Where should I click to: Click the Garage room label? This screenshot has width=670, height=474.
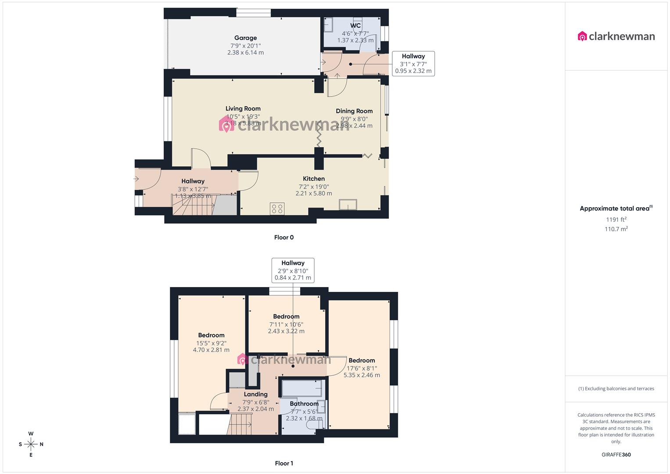245,38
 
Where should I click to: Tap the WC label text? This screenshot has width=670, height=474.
355,26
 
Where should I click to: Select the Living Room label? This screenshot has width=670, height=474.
243,109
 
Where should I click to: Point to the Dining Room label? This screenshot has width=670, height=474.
354,111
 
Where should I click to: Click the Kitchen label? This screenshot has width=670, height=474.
314,179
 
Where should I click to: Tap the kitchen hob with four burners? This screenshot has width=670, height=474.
277,208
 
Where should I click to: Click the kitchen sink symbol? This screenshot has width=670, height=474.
348,205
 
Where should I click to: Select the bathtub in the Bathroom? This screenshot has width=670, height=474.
301,388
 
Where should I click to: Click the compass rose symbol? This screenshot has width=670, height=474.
31,444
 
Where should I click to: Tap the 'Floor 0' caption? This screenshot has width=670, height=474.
284,237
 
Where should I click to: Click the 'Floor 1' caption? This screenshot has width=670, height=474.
284,463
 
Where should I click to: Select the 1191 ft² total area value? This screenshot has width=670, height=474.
616,219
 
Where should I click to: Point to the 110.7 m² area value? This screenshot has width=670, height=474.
616,229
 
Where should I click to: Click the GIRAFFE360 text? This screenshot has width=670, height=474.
616,455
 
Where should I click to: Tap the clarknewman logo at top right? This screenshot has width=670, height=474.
616,36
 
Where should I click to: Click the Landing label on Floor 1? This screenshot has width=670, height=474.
255,395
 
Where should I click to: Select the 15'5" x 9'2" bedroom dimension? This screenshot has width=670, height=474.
211,343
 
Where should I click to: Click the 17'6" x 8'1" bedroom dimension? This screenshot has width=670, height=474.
362,368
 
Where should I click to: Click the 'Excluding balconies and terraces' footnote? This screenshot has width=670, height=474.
616,388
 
